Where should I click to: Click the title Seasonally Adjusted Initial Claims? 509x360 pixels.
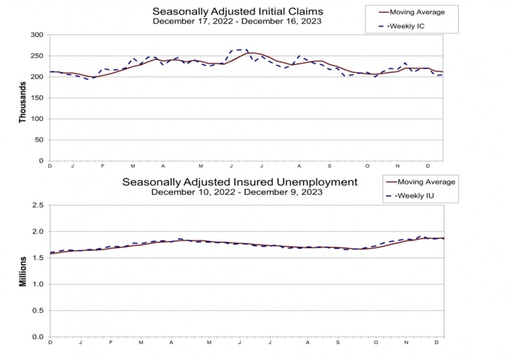tap(237, 11)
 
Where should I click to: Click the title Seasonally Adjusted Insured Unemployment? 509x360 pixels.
tap(240, 182)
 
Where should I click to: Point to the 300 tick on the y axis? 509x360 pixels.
tap(37, 35)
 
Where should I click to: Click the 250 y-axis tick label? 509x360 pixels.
tap(37, 56)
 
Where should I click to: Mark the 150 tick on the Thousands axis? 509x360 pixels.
tap(37, 98)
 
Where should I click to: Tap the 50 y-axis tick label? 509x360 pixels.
tap(39, 140)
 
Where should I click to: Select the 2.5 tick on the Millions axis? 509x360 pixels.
tap(38, 205)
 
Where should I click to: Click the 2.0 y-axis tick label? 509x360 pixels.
tap(38, 232)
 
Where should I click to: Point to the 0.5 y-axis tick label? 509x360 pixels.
tap(38, 310)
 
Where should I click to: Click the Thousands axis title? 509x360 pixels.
tap(22, 102)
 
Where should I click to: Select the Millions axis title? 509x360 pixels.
tap(22, 272)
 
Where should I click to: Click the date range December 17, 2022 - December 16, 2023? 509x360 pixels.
tap(237, 22)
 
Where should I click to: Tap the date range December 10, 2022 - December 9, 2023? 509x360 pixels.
tap(237, 192)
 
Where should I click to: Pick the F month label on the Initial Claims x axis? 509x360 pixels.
tap(102, 166)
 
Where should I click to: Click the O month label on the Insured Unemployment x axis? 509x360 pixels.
tap(376, 342)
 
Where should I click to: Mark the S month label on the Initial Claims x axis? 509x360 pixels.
tap(330, 166)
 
